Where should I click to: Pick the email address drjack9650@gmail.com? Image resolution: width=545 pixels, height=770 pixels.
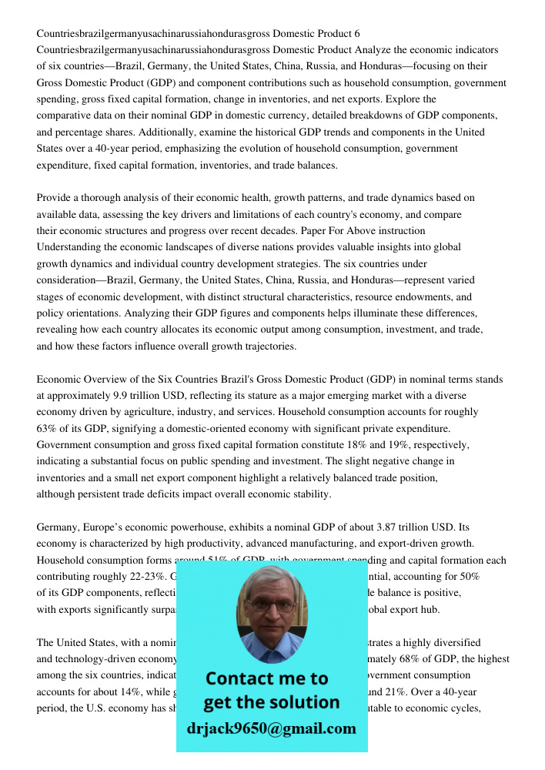272,728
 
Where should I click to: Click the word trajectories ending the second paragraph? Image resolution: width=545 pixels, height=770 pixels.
266,346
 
